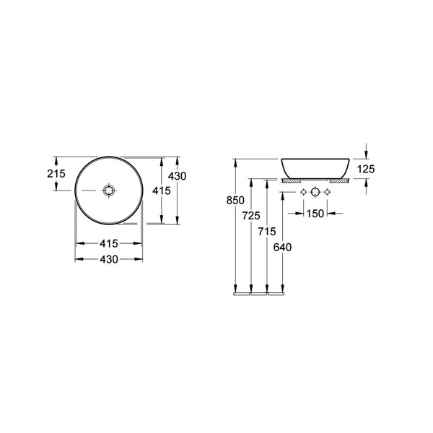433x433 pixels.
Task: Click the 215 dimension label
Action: pos(56,174)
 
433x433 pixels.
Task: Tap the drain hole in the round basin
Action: pos(109,191)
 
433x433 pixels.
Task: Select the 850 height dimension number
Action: pos(235,200)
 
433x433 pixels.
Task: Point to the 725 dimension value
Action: pos(251,215)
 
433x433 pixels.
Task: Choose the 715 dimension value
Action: pos(267,232)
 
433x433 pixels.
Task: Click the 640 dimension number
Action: pos(282,247)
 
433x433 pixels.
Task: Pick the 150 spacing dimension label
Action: pos(315,213)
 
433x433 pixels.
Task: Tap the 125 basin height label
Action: pos(366,169)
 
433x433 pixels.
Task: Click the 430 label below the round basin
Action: pos(109,259)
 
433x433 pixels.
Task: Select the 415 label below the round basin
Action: pos(109,243)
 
